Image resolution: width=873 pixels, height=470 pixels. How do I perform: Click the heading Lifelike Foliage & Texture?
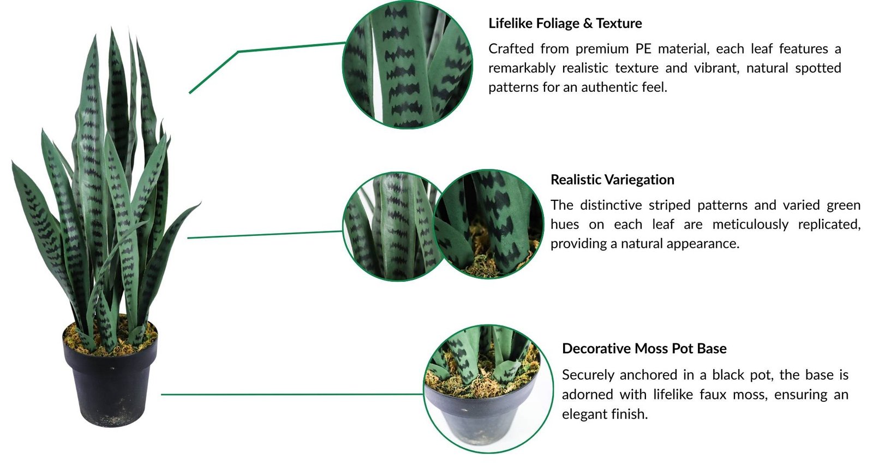(565, 23)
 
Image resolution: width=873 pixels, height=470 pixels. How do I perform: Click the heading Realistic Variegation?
(612, 180)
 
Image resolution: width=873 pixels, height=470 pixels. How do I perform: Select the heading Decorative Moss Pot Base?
(644, 348)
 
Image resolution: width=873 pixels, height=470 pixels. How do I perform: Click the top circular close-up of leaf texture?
(407, 64)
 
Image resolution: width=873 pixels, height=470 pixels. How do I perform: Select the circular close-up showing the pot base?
(488, 389)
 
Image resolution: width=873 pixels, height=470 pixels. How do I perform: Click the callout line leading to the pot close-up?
(292, 394)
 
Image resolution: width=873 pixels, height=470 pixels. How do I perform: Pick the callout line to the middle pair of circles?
(265, 234)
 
